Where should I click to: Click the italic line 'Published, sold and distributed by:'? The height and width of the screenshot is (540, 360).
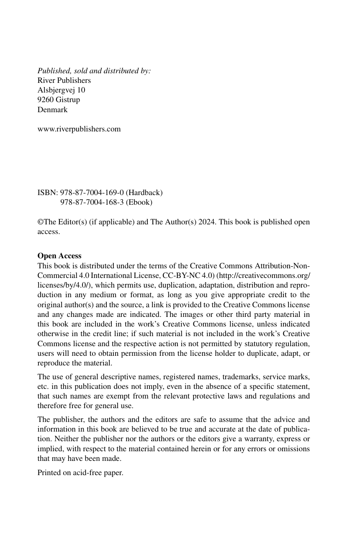click(x=94, y=71)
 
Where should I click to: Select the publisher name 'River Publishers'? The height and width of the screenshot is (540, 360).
click(x=64, y=80)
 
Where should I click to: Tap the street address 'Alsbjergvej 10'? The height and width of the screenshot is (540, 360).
click(x=62, y=90)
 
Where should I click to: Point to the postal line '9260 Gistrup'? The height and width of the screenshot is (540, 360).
click(x=59, y=100)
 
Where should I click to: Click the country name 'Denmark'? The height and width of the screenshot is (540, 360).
click(x=52, y=110)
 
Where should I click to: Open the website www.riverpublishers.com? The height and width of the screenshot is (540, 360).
click(x=79, y=129)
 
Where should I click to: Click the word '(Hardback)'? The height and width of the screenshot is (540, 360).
click(x=144, y=193)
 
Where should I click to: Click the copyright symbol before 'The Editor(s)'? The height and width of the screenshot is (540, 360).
click(x=40, y=222)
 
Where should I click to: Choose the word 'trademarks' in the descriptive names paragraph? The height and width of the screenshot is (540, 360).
click(x=257, y=376)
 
